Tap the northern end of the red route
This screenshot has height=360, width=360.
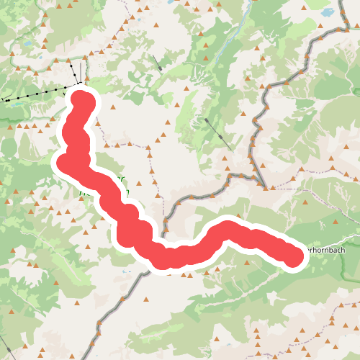point(81,102)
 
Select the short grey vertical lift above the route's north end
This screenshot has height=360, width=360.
point(75,72)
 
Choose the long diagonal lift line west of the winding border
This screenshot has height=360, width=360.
point(217,134)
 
